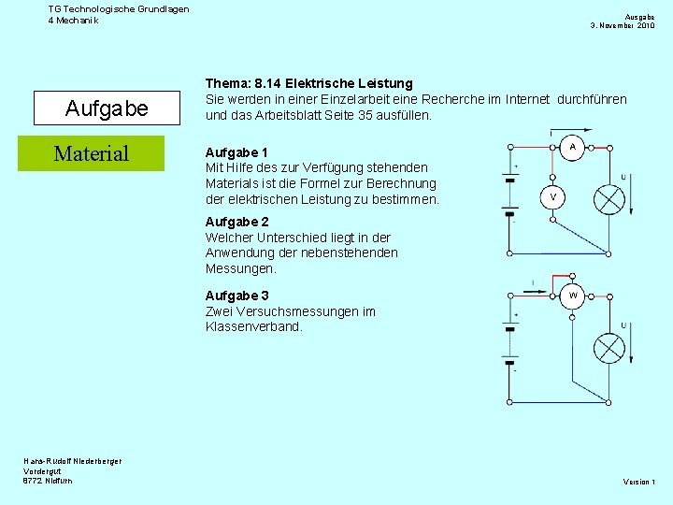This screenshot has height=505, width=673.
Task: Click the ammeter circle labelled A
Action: (x=572, y=148)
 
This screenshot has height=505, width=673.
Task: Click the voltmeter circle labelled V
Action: (x=553, y=196)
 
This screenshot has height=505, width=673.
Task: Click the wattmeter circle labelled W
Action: (x=572, y=296)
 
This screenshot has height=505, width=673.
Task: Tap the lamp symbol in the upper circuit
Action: (x=610, y=198)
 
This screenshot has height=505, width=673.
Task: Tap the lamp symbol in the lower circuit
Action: (x=610, y=348)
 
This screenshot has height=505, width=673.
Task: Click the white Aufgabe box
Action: (x=107, y=108)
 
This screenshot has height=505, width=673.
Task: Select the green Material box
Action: (x=92, y=153)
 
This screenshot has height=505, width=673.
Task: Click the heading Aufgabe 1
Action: (x=236, y=152)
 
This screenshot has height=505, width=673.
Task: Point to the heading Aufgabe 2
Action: (x=236, y=222)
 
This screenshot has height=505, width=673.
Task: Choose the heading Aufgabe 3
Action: (x=236, y=296)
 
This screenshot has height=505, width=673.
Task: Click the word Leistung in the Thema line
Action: (x=384, y=84)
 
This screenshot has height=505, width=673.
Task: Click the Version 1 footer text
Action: (x=639, y=482)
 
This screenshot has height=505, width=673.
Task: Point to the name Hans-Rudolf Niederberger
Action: (x=72, y=460)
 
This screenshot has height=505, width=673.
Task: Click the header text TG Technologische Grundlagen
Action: (x=119, y=9)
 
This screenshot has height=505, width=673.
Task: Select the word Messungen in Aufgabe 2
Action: (x=241, y=268)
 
